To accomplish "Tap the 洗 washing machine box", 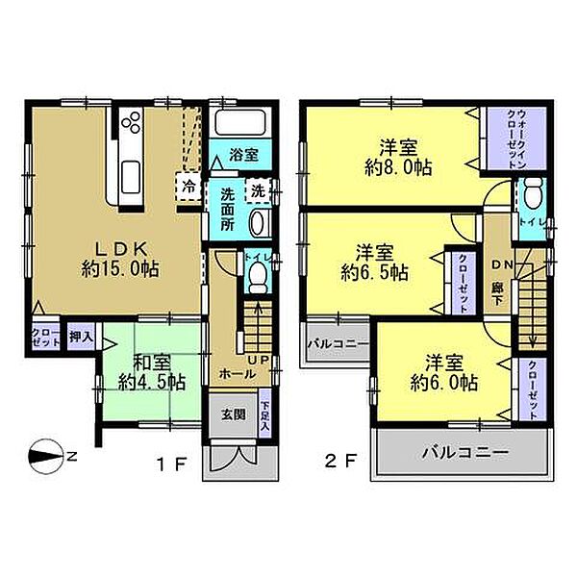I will (259, 190).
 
